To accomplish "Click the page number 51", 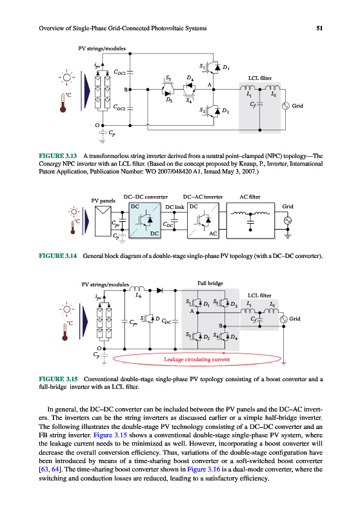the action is click(x=319, y=28).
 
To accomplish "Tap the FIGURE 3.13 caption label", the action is click(x=58, y=156).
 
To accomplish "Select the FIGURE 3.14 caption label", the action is click(x=58, y=255).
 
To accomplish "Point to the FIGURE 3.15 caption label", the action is click(x=58, y=379).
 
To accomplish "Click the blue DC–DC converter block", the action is click(x=145, y=221).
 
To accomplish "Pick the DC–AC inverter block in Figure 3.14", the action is click(x=203, y=221).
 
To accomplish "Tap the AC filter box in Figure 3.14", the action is click(x=250, y=221).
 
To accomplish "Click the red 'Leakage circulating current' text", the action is click(x=197, y=359).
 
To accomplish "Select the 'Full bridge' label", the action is click(x=210, y=283).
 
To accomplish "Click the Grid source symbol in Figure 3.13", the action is click(x=285, y=106).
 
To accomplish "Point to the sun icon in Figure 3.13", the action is click(x=67, y=77).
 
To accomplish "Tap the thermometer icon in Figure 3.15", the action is click(x=65, y=332).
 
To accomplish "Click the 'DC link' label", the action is click(x=175, y=207).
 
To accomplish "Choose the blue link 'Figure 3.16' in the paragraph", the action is click(x=204, y=470).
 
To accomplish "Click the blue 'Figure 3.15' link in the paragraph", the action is click(x=110, y=435).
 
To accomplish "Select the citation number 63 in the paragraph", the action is click(x=45, y=470).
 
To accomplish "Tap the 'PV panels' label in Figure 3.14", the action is click(x=103, y=201).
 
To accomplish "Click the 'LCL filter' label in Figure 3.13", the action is click(x=260, y=78).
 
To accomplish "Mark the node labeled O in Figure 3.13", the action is click(x=103, y=125).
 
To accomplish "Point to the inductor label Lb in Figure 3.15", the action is click(x=139, y=295).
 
